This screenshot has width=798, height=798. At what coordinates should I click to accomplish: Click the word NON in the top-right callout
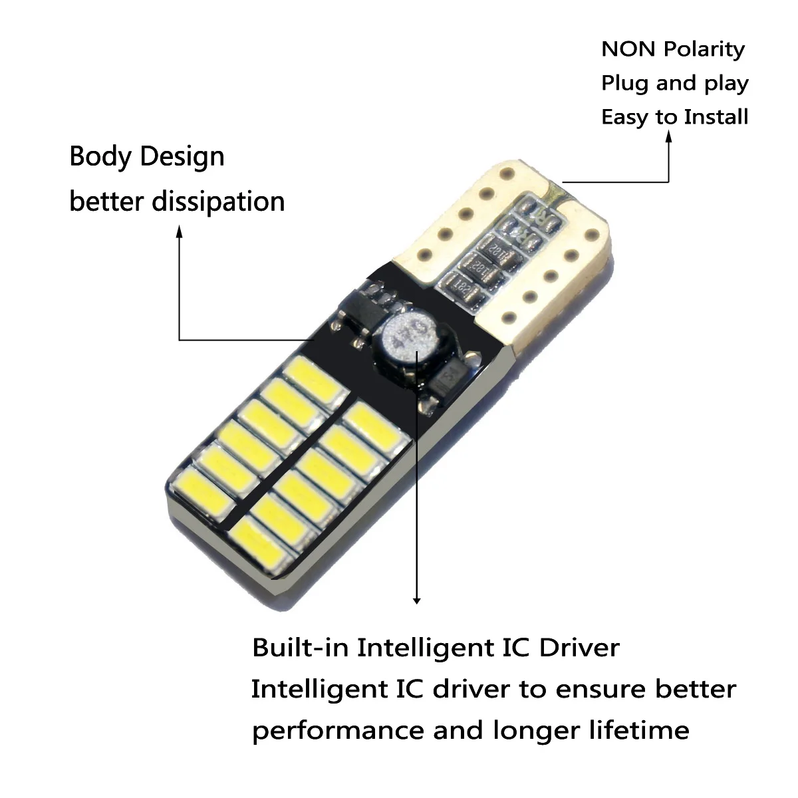(628, 49)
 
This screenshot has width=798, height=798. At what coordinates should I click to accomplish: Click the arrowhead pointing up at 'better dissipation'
(179, 230)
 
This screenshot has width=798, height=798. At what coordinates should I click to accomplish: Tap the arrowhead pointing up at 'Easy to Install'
(669, 135)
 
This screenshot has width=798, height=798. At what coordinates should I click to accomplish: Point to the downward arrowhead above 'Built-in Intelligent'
(417, 600)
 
